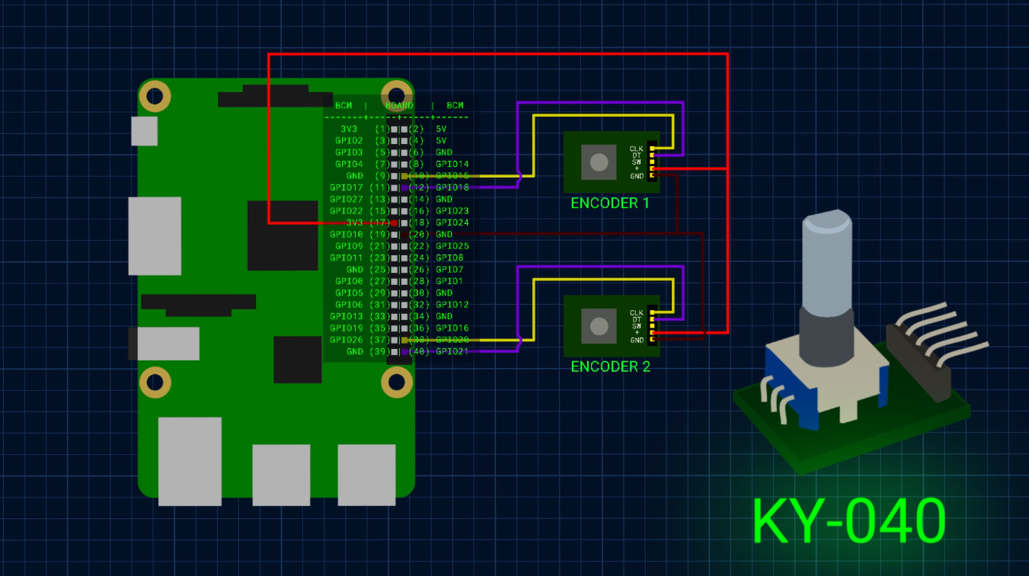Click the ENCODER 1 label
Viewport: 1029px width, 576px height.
[x=610, y=203]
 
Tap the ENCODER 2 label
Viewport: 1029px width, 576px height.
[x=610, y=366]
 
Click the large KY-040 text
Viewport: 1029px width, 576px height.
[x=848, y=521]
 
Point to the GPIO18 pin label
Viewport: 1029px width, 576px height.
[x=452, y=187]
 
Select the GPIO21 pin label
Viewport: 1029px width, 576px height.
[x=452, y=351]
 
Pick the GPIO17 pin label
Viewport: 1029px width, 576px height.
[x=346, y=187]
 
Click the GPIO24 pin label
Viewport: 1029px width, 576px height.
[x=452, y=222]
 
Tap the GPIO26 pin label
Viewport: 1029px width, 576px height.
[x=346, y=340]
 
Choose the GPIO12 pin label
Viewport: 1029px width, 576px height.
[x=452, y=305]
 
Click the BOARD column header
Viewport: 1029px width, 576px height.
[x=398, y=106]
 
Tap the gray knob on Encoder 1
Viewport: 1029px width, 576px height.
[x=599, y=162]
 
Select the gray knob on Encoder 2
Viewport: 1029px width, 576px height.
[x=599, y=326]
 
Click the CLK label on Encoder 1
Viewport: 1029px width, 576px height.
[x=636, y=149]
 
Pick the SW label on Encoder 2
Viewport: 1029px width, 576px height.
[x=636, y=326]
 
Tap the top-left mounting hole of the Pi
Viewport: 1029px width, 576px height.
[x=155, y=96]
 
